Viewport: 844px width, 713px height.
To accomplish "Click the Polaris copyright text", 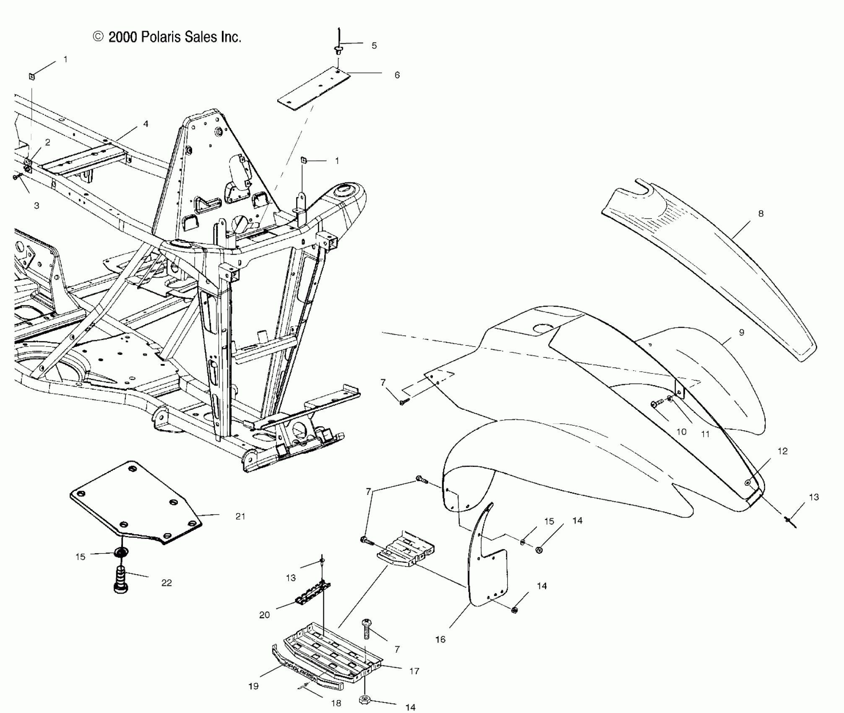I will click(x=167, y=37).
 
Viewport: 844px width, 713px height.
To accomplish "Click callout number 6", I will click(x=397, y=75).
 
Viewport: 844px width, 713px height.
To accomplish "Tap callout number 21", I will click(x=240, y=516).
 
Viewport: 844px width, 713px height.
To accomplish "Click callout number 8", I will click(x=761, y=214).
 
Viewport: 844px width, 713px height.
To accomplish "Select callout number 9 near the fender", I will click(x=741, y=333).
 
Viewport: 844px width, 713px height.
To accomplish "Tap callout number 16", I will click(x=440, y=640).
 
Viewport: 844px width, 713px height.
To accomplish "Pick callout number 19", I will click(x=253, y=686).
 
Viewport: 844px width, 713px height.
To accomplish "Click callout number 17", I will click(x=414, y=671).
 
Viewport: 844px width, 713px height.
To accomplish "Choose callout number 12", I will click(x=782, y=451).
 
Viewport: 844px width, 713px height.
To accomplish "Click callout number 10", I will click(x=681, y=432).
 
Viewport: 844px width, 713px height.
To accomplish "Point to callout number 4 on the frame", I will click(x=146, y=124).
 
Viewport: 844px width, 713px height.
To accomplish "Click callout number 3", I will click(x=36, y=206).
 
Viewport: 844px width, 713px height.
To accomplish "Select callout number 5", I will click(x=374, y=46).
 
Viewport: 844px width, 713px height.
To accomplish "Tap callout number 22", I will click(x=167, y=583).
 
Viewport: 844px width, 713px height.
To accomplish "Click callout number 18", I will click(x=336, y=703).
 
